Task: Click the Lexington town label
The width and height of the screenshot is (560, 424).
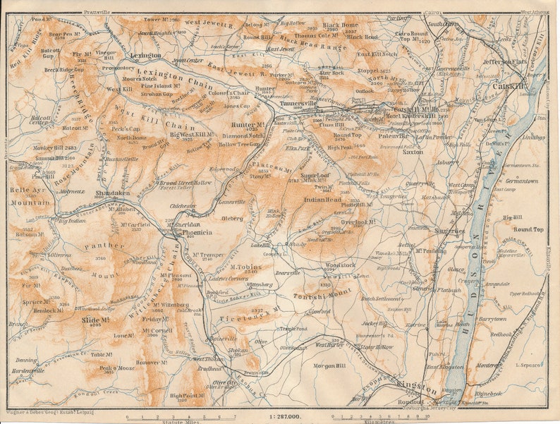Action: click(x=145, y=55)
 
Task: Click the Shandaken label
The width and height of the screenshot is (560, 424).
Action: click(x=112, y=193)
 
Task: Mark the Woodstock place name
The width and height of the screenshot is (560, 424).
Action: click(x=340, y=265)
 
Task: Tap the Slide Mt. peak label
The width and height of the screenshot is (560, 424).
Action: click(x=95, y=320)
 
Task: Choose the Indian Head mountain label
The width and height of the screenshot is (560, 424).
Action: click(x=322, y=200)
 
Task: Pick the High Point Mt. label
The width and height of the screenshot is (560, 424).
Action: click(x=188, y=396)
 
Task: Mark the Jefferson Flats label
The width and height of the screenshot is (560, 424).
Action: click(x=506, y=61)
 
